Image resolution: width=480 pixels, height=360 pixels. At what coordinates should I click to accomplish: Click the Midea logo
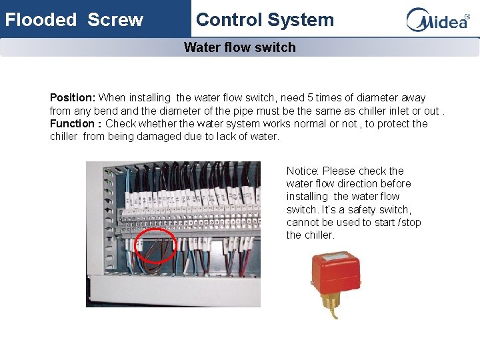(x=437, y=20)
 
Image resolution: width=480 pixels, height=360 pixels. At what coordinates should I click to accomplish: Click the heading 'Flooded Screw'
(x=74, y=19)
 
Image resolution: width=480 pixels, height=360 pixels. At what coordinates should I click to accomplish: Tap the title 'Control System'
(x=265, y=19)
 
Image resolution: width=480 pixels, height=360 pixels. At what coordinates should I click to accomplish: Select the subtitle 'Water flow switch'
(x=239, y=47)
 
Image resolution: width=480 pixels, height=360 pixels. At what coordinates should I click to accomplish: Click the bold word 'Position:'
(x=73, y=98)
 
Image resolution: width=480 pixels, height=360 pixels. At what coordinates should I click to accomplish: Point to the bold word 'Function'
(x=72, y=124)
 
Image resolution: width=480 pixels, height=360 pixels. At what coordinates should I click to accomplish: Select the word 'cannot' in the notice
(x=303, y=223)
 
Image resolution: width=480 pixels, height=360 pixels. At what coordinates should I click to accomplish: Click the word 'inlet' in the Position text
(x=395, y=111)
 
